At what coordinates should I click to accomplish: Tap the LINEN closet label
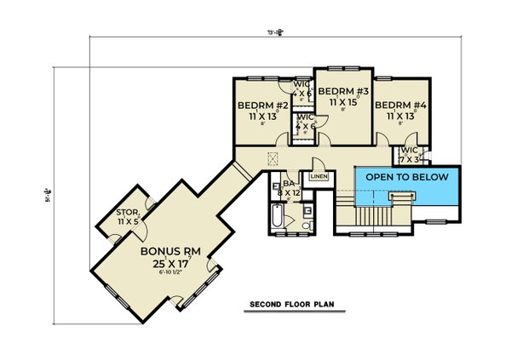click(x=318, y=176)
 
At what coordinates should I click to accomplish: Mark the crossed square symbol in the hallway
click(x=273, y=157)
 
